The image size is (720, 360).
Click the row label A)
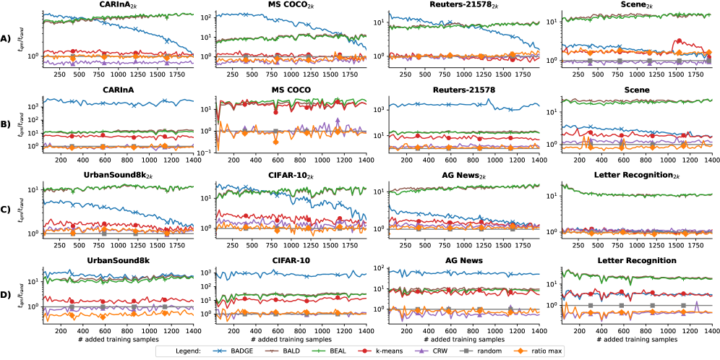[x=7, y=40]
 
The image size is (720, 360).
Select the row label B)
[x=7, y=124]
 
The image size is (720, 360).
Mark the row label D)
[x=7, y=294]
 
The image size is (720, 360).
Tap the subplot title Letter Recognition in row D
[x=635, y=260]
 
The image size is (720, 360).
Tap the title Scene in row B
[x=635, y=90]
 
